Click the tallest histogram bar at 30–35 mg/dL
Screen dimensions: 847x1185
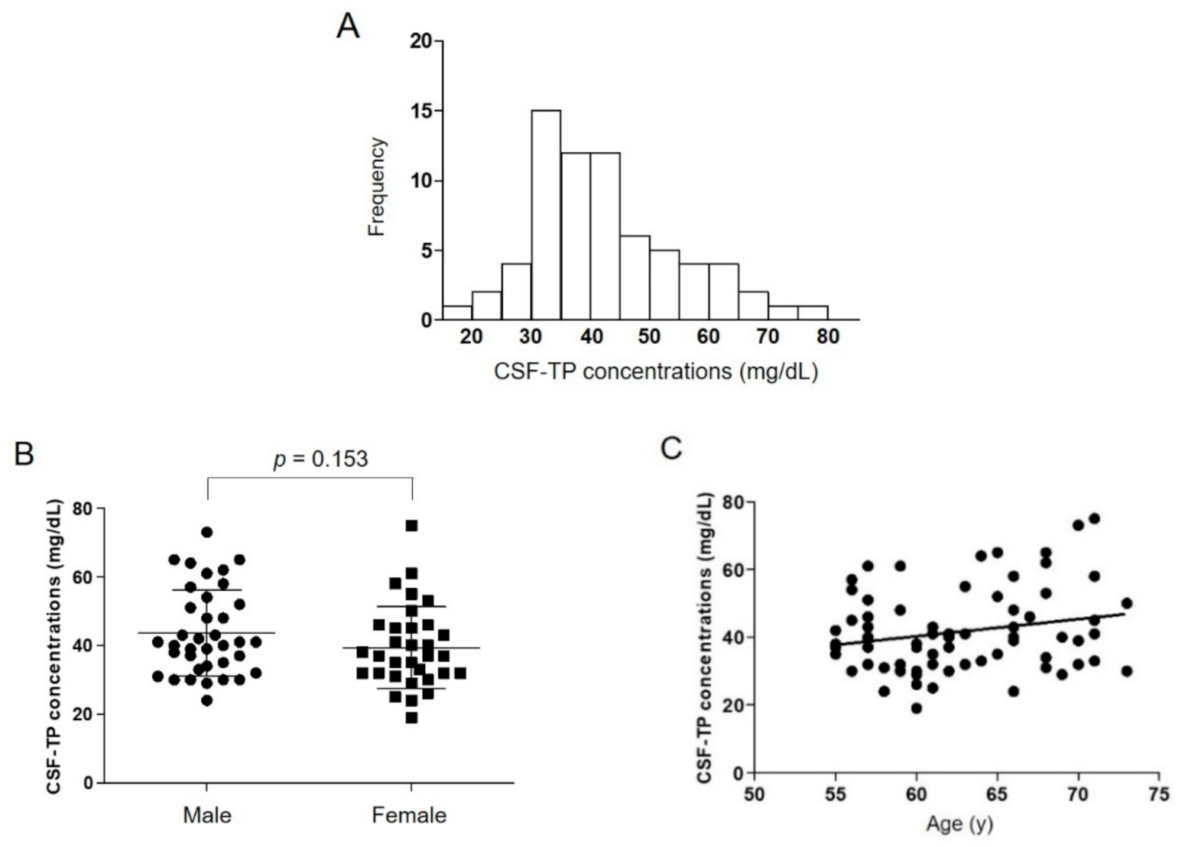pos(546,215)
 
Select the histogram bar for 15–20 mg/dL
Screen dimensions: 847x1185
pos(457,313)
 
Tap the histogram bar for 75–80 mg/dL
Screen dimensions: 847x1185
pos(813,313)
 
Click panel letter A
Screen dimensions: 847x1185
pos(348,28)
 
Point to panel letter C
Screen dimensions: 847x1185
pos(671,449)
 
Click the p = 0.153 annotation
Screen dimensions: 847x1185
pos(320,459)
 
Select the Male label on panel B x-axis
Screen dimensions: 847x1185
pos(206,815)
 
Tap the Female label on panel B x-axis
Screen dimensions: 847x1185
pos(409,815)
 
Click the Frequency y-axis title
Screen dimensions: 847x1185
pos(375,187)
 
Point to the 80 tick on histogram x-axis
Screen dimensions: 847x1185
pos(827,337)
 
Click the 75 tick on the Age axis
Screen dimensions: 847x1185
pos(1159,794)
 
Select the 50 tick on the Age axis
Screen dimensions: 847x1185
pos(754,794)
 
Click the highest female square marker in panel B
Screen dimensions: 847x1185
pos(411,525)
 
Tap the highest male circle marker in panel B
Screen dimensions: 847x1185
pos(206,532)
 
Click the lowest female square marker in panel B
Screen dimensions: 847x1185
pos(411,717)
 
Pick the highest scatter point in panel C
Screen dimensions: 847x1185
pos(1094,518)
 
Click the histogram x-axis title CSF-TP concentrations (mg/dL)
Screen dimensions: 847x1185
pos(655,372)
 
